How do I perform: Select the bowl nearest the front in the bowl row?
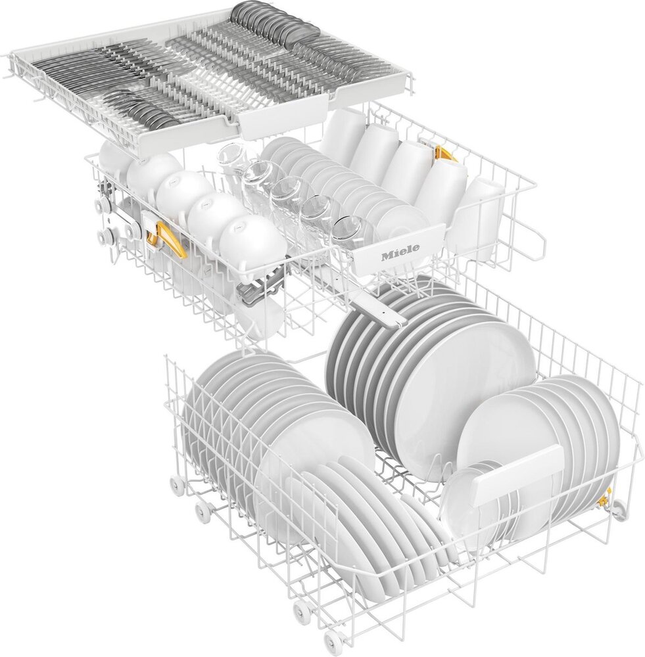tap(251, 242)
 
